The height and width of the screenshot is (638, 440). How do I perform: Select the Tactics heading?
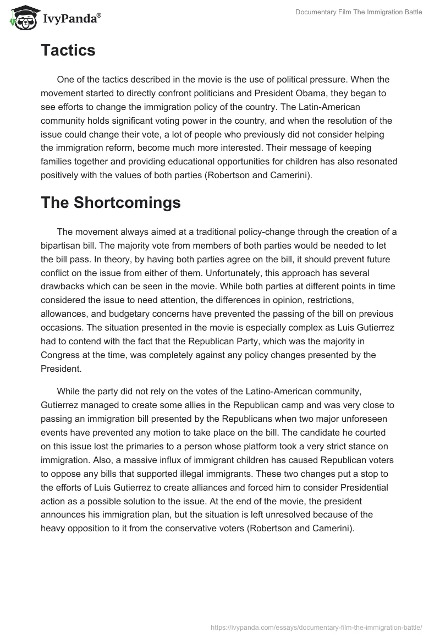[68, 51]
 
